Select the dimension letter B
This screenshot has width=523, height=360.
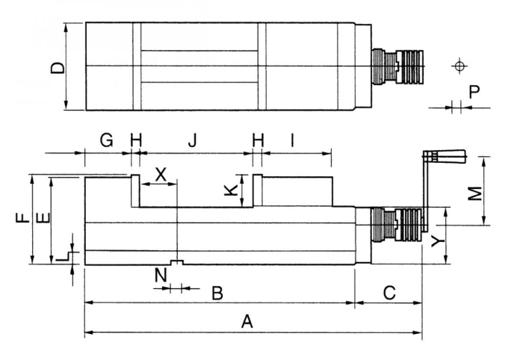coord(217,293)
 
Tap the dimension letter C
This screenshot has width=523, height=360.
coord(389,293)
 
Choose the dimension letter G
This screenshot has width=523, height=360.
coord(106,139)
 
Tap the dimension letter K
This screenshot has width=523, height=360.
coord(232,190)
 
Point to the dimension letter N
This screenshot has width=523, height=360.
coord(158,276)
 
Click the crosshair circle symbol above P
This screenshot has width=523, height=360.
coord(458,66)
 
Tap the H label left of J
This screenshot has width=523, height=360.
coord(135,139)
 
